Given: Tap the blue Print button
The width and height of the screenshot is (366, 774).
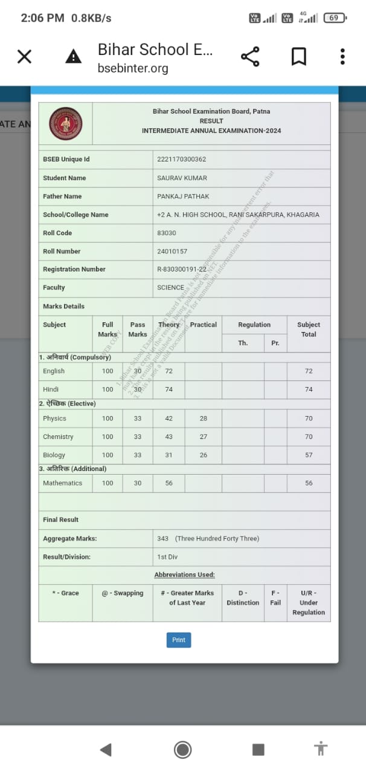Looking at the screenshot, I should [x=178, y=640].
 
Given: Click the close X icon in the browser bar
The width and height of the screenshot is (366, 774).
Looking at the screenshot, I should [x=24, y=57].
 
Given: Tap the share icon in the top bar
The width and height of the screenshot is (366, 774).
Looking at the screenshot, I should [x=250, y=57].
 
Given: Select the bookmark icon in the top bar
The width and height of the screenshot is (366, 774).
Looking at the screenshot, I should [x=298, y=57].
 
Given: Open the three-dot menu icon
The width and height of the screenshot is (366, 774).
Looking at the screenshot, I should [x=342, y=57].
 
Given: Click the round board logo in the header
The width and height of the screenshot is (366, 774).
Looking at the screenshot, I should [x=66, y=123].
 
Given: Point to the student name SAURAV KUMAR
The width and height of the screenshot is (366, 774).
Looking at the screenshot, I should [x=182, y=178].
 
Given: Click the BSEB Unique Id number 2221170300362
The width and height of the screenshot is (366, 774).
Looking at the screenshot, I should [x=181, y=159].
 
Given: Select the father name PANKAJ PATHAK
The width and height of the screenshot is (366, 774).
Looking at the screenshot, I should [x=183, y=197].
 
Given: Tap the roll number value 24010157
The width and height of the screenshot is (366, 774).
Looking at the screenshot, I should [x=172, y=251].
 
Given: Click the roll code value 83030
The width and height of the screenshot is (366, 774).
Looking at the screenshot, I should [x=167, y=233].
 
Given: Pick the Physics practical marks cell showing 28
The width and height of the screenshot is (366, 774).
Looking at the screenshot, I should [x=203, y=418].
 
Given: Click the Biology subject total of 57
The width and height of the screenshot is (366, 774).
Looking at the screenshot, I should [x=309, y=455].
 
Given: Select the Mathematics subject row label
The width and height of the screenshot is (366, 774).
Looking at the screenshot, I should [x=62, y=483].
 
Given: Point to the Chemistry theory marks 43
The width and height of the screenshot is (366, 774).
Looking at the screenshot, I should [x=169, y=437].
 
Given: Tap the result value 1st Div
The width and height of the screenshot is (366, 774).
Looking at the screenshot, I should [x=167, y=557].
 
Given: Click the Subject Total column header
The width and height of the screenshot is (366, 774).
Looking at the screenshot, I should [x=309, y=329].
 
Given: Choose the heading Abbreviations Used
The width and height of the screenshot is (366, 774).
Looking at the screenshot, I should [x=184, y=574].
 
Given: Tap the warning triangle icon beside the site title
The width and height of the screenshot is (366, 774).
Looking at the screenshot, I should [x=73, y=57].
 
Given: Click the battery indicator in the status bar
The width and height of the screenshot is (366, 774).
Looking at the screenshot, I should [x=334, y=18].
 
